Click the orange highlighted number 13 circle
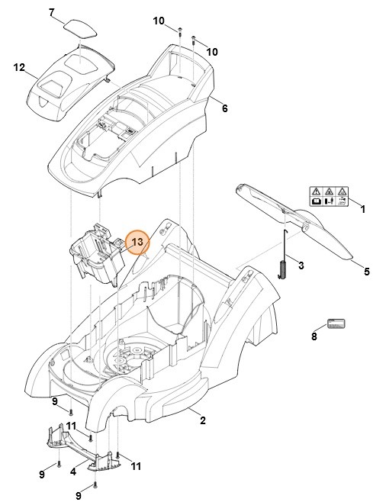(x=139, y=242)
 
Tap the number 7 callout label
(x=52, y=12)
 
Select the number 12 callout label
(x=20, y=67)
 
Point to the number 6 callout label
(x=224, y=108)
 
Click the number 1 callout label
(x=362, y=208)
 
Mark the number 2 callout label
(x=203, y=420)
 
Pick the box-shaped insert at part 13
(x=95, y=256)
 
